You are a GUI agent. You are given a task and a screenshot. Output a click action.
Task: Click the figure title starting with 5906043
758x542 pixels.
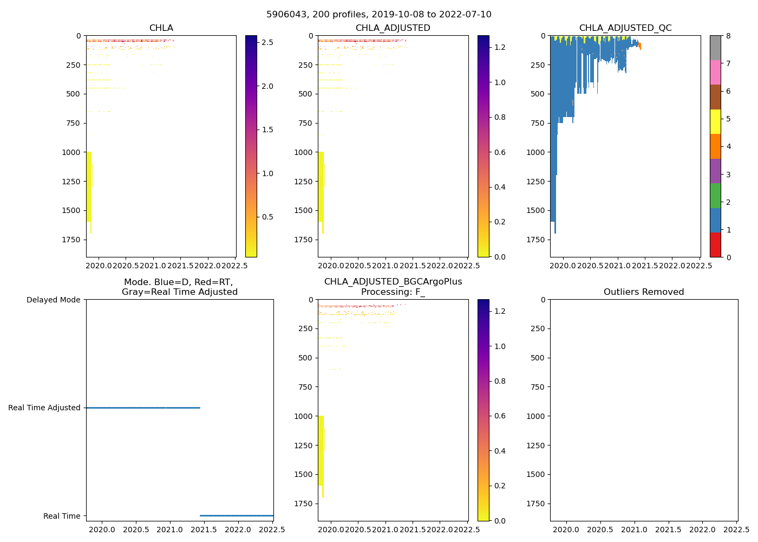point(378,15)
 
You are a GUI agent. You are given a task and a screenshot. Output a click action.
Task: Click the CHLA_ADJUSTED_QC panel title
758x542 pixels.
point(625,28)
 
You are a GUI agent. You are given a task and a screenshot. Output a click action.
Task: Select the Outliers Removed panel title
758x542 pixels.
point(644,292)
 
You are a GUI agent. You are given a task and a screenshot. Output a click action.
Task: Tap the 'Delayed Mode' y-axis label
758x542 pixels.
point(53,300)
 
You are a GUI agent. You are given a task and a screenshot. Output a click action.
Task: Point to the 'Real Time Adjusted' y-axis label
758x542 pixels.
point(44,408)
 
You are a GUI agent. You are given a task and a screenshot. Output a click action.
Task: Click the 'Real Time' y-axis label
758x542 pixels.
point(62,516)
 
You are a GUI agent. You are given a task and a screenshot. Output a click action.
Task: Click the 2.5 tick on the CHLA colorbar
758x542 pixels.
point(267,42)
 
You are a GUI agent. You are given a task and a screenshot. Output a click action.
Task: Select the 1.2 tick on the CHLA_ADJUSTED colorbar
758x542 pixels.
point(500,48)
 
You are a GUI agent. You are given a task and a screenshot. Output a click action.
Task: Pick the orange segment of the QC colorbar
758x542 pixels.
point(715,146)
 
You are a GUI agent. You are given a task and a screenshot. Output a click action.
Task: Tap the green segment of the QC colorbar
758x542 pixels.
point(715,196)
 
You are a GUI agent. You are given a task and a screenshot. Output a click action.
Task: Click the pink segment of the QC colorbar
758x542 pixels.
point(715,72)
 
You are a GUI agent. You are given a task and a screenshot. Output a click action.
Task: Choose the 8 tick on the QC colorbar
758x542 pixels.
point(729,36)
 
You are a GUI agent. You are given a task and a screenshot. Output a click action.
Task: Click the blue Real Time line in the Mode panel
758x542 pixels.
point(237,515)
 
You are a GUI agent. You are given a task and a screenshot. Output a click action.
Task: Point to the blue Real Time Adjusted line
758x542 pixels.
point(143,408)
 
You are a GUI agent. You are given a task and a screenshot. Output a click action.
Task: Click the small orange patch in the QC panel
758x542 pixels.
point(639,46)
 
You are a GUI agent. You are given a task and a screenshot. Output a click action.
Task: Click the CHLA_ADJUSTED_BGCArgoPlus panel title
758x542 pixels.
point(393,287)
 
